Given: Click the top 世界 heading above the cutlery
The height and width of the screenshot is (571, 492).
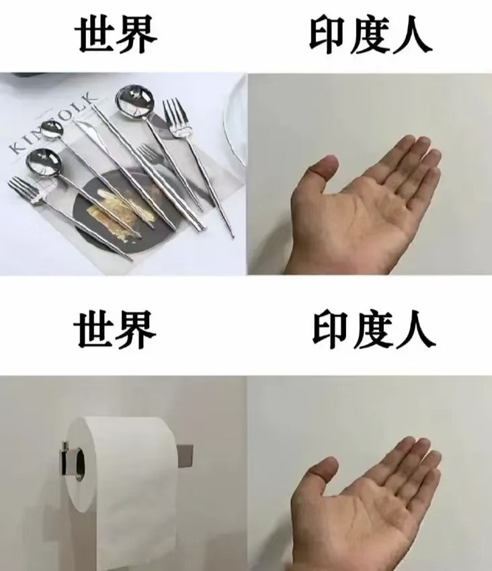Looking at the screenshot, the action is (116, 35).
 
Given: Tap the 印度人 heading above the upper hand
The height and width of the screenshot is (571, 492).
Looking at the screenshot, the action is (370, 36).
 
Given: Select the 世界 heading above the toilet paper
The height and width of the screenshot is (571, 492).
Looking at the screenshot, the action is (115, 330).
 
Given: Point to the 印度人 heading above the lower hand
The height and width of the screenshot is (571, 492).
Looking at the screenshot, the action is (374, 331).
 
